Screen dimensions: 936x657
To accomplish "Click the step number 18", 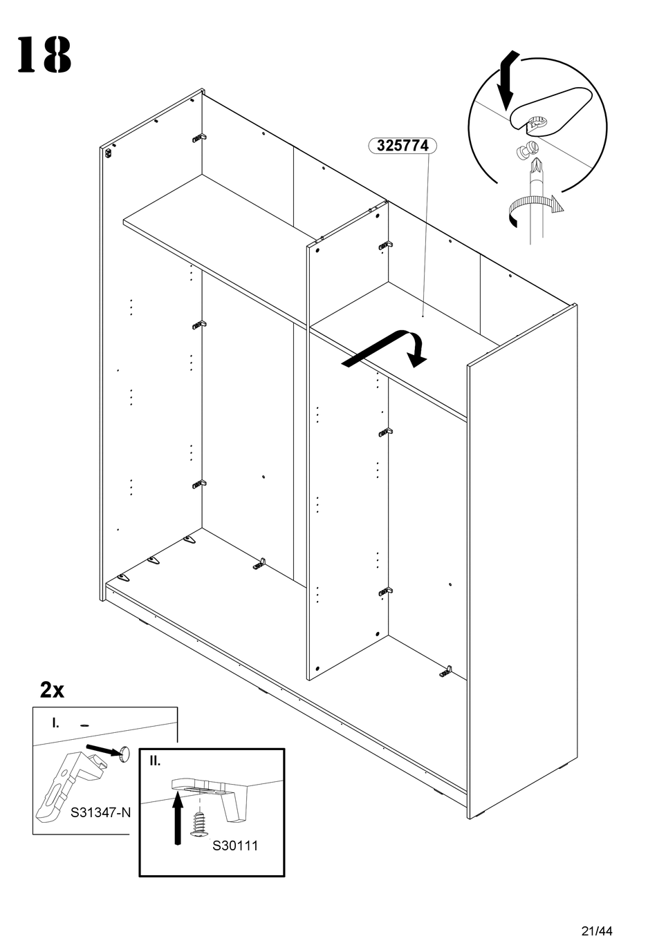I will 44,55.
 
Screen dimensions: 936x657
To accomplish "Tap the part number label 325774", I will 402,146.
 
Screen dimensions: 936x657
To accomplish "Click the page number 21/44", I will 598,911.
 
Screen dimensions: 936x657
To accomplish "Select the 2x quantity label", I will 52,689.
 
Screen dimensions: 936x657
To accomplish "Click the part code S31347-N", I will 100,812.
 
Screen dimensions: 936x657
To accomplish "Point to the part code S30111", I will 234,846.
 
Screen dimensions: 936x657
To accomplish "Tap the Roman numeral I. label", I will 55,723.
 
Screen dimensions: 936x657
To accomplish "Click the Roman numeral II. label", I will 155,761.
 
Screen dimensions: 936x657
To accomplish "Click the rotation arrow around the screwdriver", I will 533,208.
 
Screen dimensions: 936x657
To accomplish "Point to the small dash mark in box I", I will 85,725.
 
